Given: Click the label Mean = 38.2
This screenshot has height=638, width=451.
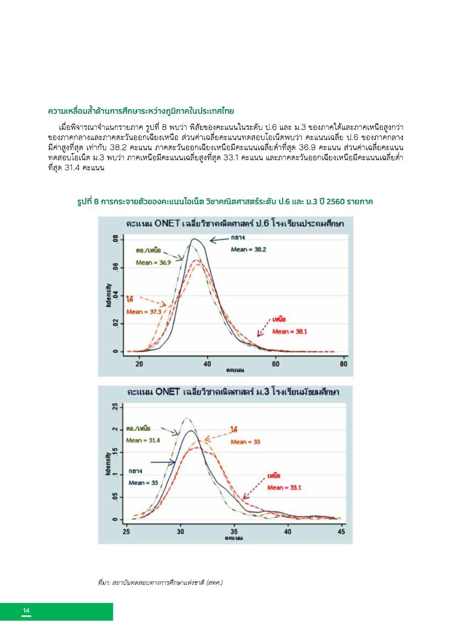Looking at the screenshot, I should pyautogui.click(x=248, y=249).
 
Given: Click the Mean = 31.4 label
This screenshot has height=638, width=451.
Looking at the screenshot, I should pyautogui.click(x=143, y=440).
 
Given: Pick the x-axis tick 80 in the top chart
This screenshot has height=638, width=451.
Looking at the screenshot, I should pyautogui.click(x=344, y=363).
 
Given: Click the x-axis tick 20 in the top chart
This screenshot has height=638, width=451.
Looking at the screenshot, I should pyautogui.click(x=140, y=363).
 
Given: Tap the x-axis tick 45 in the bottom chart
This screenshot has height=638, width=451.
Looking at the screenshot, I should pyautogui.click(x=341, y=531).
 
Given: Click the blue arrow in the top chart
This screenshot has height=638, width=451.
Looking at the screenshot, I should pyautogui.click(x=219, y=240).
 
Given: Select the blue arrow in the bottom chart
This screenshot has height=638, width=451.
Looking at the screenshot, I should pyautogui.click(x=163, y=462).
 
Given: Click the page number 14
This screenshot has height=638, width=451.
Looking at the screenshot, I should pyautogui.click(x=26, y=611).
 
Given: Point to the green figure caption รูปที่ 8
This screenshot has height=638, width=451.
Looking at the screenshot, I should pyautogui.click(x=225, y=202).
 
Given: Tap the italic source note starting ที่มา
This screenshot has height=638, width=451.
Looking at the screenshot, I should pyautogui.click(x=160, y=583).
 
